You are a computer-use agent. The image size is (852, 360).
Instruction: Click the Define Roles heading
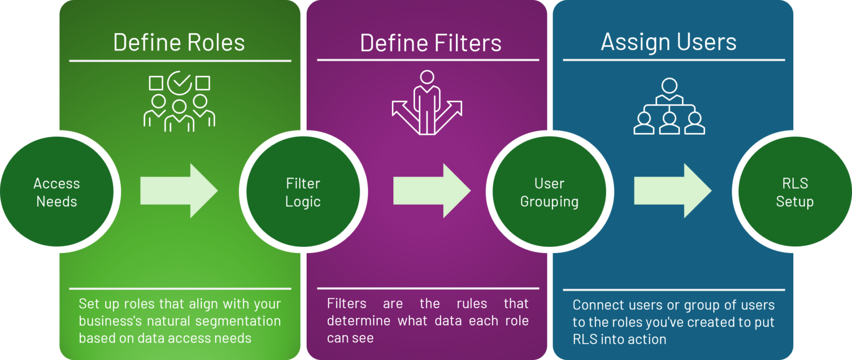[x=179, y=43]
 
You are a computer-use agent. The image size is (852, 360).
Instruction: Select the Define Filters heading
[x=430, y=43]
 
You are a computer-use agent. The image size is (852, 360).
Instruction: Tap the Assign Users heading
[x=668, y=42]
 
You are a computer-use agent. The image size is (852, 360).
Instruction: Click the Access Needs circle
[x=57, y=192]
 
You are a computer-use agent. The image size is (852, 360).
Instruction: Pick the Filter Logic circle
[x=303, y=192]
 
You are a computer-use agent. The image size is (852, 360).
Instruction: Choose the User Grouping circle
[x=549, y=192]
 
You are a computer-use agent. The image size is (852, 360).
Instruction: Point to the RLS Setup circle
[x=794, y=192]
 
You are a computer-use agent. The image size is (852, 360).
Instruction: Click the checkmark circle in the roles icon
[x=179, y=83]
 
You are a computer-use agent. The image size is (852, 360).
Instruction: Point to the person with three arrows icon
[x=427, y=103]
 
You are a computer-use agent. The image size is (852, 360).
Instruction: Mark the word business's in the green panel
[x=111, y=321]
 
